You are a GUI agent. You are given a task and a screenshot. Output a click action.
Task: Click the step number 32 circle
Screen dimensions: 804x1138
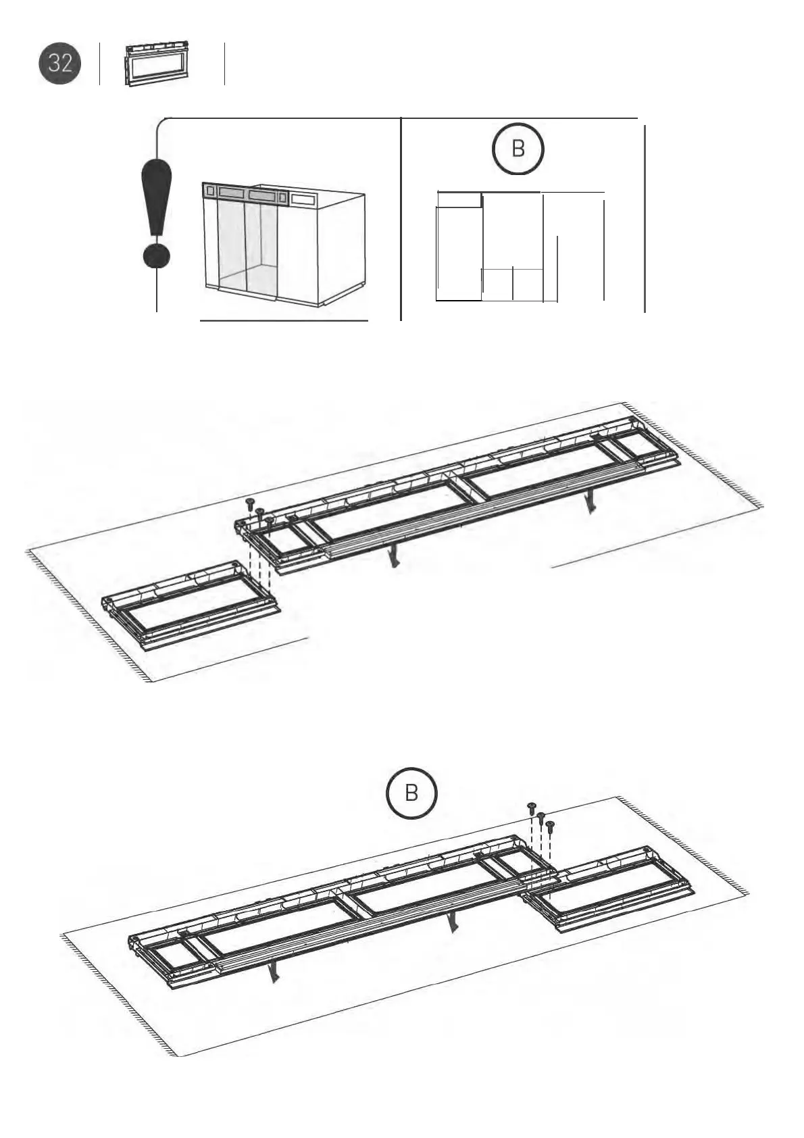pyautogui.click(x=59, y=64)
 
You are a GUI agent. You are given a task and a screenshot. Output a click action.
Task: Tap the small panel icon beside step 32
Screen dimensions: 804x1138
pyautogui.click(x=156, y=66)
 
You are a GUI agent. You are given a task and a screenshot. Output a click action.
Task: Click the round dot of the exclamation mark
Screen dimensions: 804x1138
pyautogui.click(x=157, y=256)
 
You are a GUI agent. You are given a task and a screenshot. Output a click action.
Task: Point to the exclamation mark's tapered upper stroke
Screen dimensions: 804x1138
pyautogui.click(x=157, y=196)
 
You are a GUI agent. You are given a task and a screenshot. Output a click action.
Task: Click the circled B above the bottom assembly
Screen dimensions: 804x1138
pyautogui.click(x=411, y=793)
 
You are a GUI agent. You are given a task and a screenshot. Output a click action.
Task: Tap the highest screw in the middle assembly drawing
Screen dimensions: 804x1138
pyautogui.click(x=250, y=503)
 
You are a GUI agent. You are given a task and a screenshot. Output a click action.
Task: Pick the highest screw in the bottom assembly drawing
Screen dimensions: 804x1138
pyautogui.click(x=532, y=807)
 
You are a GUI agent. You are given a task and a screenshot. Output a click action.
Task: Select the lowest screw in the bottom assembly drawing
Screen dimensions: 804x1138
pyautogui.click(x=550, y=826)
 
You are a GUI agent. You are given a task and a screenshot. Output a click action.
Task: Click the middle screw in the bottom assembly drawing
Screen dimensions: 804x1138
pyautogui.click(x=541, y=816)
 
